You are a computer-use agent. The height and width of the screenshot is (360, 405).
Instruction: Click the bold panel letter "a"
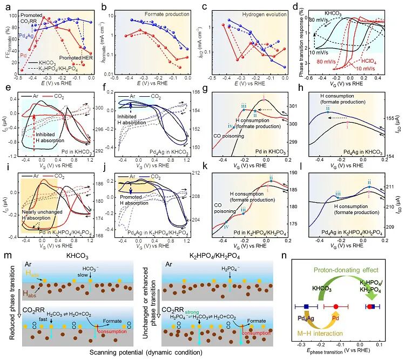click(x=5, y=4)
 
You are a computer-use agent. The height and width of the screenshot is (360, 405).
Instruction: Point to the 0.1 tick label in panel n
click(x=379, y=344)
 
